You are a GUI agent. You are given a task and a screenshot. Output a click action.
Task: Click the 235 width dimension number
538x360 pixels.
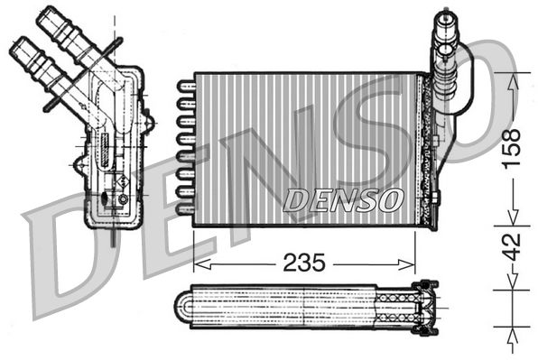coord(305,263)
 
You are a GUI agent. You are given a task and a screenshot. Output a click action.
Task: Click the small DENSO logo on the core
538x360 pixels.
coord(342,200)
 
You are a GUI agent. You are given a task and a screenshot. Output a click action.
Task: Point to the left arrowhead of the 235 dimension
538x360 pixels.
coord(199,263)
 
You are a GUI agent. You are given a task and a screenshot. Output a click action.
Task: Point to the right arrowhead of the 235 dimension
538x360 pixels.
coord(411,263)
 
